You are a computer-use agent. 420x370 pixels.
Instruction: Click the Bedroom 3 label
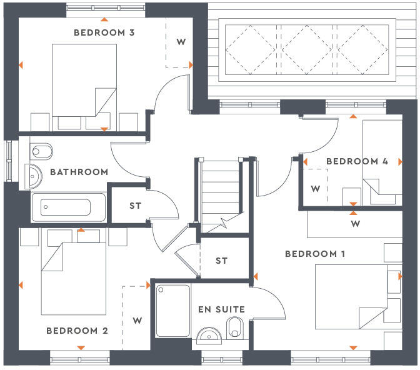tap(104, 32)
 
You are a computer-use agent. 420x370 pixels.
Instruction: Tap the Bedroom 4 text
tap(357, 161)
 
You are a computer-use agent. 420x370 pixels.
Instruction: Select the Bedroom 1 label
tap(315, 254)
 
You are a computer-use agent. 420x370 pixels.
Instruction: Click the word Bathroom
tap(79, 171)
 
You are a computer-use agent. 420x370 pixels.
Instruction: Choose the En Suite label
tap(221, 309)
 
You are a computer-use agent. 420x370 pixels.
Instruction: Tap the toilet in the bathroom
tap(41, 151)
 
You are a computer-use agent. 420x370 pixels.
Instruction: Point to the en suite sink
tap(207, 336)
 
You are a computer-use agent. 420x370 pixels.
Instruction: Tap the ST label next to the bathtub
tap(136, 205)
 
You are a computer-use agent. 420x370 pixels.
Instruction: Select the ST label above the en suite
tap(221, 261)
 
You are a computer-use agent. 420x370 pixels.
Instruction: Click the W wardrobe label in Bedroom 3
tap(181, 42)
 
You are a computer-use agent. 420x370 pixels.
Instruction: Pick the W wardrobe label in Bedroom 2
tap(137, 321)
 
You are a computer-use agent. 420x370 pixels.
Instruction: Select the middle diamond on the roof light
tap(307, 47)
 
